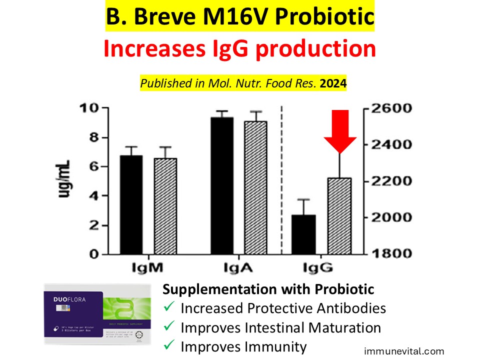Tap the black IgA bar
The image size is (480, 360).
pyautogui.click(x=221, y=185)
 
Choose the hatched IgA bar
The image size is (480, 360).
pyautogui.click(x=255, y=187)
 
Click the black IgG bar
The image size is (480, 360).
pyautogui.click(x=303, y=234)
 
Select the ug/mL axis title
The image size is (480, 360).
pyautogui.click(x=65, y=179)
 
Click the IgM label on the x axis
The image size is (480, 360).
pyautogui.click(x=146, y=267)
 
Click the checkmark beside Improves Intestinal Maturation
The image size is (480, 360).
pyautogui.click(x=169, y=328)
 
